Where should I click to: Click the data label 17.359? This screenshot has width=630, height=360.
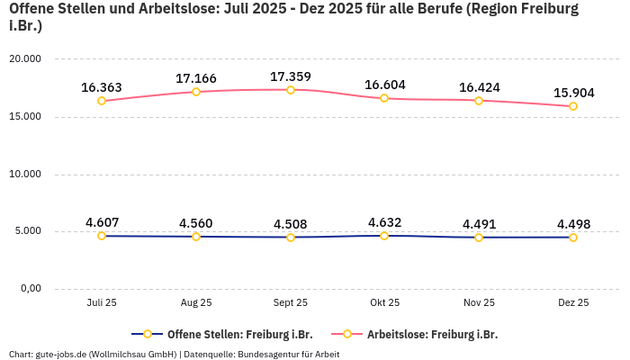[290, 77]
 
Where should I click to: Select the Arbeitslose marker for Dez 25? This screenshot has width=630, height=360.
[573, 106]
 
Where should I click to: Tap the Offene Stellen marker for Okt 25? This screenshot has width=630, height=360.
[384, 236]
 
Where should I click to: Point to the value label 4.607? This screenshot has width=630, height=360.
[102, 222]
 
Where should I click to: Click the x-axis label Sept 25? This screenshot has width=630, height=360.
[290, 302]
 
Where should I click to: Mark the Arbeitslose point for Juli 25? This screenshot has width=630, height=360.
[102, 101]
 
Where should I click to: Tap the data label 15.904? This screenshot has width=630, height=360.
[573, 93]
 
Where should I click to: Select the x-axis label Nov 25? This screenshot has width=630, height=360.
[479, 302]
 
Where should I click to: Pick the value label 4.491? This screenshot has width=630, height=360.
[479, 224]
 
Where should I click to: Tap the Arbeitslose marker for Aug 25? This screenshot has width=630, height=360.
[196, 92]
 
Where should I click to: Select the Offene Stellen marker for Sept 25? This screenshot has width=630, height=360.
[290, 238]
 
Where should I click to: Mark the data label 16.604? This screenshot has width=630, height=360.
[384, 85]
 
